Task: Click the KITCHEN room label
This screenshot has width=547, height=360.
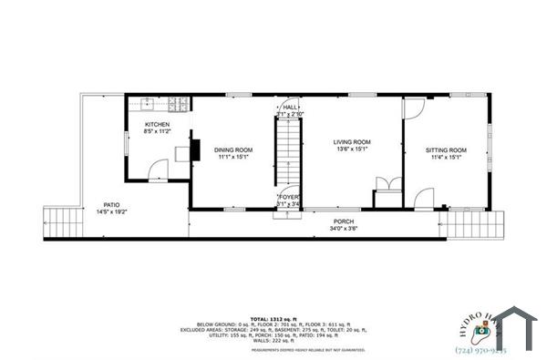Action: (156, 124)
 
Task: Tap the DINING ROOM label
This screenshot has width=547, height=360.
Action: (233, 149)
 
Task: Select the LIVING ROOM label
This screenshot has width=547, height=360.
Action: (351, 142)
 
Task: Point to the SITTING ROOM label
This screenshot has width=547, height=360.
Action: (447, 149)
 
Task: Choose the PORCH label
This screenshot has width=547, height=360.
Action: (344, 221)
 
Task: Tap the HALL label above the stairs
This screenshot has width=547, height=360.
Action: (291, 108)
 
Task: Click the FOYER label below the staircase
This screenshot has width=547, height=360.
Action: (289, 196)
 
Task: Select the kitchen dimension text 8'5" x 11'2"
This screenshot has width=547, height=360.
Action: (156, 131)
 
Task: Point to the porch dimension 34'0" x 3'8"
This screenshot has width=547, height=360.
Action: (344, 229)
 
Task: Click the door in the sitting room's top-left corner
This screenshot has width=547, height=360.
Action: (413, 109)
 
